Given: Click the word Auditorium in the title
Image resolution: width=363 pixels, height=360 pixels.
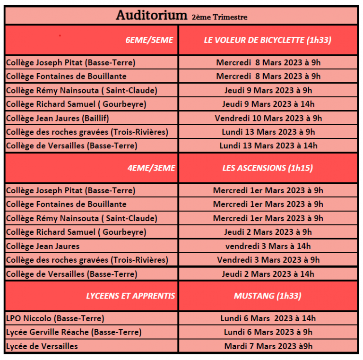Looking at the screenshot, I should [x=151, y=16].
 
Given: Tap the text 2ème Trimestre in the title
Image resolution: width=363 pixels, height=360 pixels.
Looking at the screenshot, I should [x=219, y=17].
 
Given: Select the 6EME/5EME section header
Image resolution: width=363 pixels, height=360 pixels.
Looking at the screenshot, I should [x=149, y=40].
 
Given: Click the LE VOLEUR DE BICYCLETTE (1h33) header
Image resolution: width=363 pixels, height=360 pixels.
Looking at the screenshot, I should [x=268, y=40].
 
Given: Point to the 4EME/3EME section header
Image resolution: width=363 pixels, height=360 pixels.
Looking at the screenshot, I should [x=151, y=168].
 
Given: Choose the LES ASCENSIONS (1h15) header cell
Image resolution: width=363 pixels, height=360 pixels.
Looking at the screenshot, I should [x=268, y=168].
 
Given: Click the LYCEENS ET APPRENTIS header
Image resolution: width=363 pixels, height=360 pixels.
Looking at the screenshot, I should [x=130, y=296].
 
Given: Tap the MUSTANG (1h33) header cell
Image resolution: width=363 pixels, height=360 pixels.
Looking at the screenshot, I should [x=268, y=296].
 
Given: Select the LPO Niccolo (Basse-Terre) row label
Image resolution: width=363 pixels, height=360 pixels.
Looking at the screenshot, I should [x=55, y=318].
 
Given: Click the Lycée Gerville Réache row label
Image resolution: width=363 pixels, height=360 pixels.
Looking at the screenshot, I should [x=74, y=332].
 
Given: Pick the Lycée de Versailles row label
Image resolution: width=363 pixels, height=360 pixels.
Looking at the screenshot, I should [x=42, y=346].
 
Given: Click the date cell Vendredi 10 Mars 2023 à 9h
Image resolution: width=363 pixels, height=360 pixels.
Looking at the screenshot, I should [x=268, y=118].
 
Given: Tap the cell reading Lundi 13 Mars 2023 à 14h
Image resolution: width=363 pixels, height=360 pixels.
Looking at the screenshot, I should [x=268, y=146].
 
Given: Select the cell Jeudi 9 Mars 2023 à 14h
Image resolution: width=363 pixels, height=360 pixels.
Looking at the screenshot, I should [x=268, y=104].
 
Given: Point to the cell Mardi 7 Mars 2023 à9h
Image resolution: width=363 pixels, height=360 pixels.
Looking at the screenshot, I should [x=268, y=346].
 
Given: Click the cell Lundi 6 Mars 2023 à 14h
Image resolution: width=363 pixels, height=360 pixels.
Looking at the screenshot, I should [x=268, y=318].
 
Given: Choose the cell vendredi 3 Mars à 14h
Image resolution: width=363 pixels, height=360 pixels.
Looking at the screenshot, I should [x=268, y=246].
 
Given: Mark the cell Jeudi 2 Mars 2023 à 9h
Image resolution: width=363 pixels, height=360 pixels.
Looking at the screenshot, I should [x=268, y=232].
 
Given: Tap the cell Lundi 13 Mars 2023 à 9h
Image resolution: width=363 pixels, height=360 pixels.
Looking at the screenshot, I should [x=268, y=132].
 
